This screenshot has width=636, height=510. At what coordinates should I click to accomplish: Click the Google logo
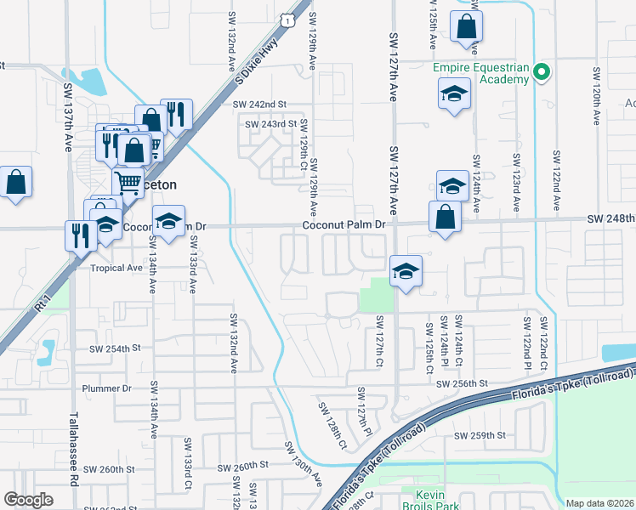coord(29,499)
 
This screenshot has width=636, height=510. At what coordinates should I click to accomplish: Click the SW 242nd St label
coord(260,105)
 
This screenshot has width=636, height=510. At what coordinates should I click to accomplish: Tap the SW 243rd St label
coord(270,124)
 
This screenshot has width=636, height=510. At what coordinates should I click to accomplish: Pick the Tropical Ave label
coord(116,268)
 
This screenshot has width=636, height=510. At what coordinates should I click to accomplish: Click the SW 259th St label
coord(480,435)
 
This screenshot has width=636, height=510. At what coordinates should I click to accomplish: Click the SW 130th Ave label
coord(303,462)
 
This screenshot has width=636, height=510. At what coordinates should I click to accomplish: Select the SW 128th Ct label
coord(332,426)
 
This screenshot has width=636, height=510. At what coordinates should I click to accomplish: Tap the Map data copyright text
coord(599,503)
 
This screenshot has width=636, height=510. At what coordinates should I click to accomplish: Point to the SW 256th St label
coord(463,384)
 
